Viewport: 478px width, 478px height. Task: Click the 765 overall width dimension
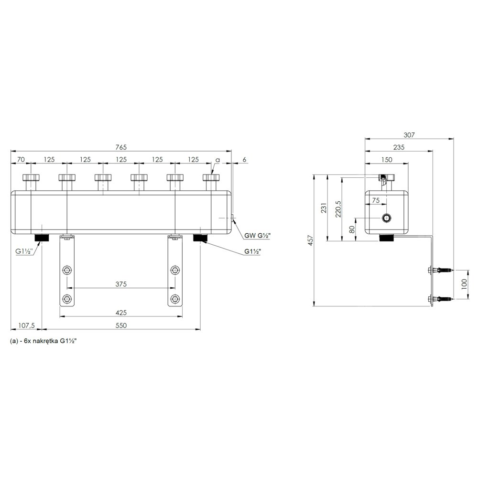[121, 147]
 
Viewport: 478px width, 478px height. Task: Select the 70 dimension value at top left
[21, 160]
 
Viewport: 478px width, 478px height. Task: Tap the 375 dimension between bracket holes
[121, 284]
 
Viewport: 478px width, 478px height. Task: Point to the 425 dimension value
[121, 313]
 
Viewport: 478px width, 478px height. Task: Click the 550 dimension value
[121, 326]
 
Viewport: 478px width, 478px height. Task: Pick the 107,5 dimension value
[26, 326]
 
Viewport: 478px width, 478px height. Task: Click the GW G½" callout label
[258, 235]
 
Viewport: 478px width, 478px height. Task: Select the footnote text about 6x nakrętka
[43, 341]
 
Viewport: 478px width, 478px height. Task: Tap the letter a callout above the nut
[217, 160]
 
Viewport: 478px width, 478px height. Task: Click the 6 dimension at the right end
[244, 160]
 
